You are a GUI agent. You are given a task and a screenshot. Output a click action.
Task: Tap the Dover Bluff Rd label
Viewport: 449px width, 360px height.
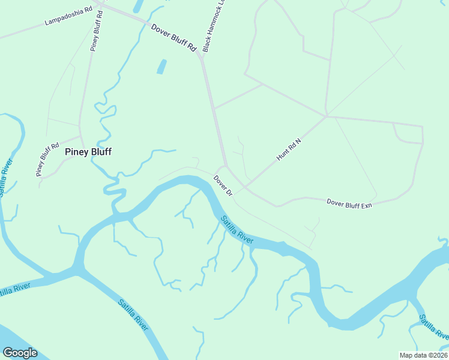pyautogui.click(x=174, y=37)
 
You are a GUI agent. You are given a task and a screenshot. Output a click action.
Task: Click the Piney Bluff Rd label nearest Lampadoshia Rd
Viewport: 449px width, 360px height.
pyautogui.click(x=97, y=29)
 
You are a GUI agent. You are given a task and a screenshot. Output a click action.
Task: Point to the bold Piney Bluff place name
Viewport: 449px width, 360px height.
pyautogui.click(x=88, y=152)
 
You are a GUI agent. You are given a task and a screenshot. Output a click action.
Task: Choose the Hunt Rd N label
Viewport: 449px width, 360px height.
pyautogui.click(x=288, y=149)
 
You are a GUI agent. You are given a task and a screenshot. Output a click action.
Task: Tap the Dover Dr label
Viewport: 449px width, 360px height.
pyautogui.click(x=223, y=184)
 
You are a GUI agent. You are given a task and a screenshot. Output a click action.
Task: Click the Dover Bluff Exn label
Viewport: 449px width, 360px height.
pyautogui.click(x=349, y=203)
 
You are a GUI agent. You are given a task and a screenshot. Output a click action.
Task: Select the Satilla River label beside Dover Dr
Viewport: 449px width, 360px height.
pyautogui.click(x=237, y=229)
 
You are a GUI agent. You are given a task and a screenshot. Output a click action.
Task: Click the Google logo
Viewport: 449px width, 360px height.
pyautogui.click(x=20, y=353)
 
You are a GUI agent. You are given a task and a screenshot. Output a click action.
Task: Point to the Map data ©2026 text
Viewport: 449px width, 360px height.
pyautogui.click(x=424, y=355)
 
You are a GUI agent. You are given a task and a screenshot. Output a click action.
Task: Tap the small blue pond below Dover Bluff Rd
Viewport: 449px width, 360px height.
pyautogui.click(x=161, y=66)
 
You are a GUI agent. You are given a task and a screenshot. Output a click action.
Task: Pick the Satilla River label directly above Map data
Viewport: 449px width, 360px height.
pyautogui.click(x=432, y=327)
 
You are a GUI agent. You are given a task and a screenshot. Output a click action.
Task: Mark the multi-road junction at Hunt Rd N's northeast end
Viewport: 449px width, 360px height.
pyautogui.click(x=326, y=116)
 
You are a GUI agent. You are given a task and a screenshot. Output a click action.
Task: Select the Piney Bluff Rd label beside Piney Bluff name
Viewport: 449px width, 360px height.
pyautogui.click(x=47, y=159)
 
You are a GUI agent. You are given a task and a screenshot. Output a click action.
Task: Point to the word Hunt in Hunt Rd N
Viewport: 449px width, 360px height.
pyautogui.click(x=282, y=155)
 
